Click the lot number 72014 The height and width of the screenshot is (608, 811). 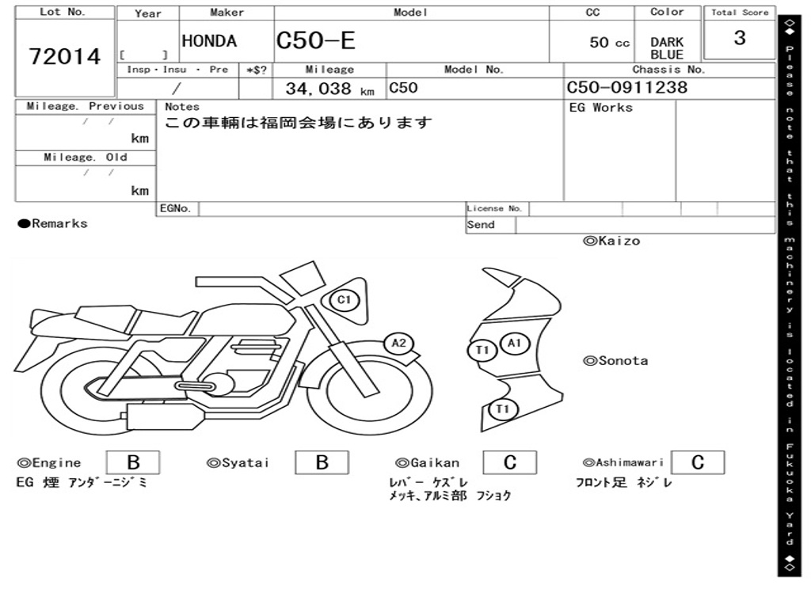click(x=65, y=56)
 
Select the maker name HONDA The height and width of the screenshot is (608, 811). click(x=209, y=41)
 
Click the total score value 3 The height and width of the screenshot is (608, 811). click(x=739, y=38)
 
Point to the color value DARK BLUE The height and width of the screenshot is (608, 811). click(x=667, y=48)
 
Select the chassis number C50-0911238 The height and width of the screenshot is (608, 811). click(x=626, y=88)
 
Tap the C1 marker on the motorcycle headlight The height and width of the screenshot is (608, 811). click(x=344, y=300)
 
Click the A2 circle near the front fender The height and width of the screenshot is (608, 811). click(x=398, y=343)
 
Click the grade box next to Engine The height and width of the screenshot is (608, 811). click(x=132, y=462)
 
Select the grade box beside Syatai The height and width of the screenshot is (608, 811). click(x=322, y=462)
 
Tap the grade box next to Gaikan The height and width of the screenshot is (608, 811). click(x=509, y=462)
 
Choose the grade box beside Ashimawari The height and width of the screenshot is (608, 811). click(x=697, y=462)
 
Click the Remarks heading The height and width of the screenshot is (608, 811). click(x=53, y=224)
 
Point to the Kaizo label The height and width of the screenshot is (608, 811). click(x=611, y=241)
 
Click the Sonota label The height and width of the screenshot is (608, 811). click(x=615, y=361)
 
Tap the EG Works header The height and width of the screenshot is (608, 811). click(x=601, y=108)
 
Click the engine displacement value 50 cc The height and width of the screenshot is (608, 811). click(x=609, y=43)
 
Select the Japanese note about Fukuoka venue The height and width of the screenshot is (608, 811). click(x=299, y=123)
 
